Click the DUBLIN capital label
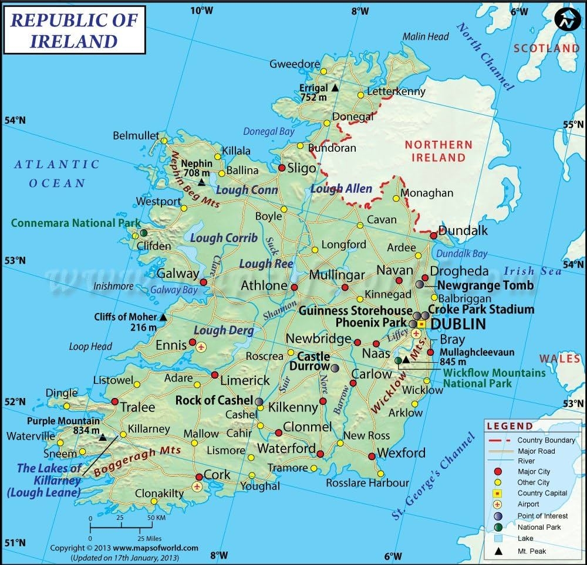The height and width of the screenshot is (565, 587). [458, 324]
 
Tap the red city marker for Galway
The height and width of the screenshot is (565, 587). [203, 282]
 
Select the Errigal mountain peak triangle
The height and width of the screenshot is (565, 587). [335, 88]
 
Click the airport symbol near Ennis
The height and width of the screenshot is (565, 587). [201, 346]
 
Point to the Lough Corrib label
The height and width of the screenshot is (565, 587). [223, 237]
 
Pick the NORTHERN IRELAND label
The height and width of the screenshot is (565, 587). [438, 151]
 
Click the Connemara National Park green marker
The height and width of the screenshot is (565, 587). [143, 233]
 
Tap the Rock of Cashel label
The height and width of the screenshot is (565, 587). [215, 401]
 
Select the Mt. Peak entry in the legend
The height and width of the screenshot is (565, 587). [531, 551]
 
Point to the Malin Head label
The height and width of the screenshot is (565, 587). [426, 36]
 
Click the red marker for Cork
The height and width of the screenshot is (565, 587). [200, 476]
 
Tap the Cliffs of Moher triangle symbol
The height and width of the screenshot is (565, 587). [163, 317]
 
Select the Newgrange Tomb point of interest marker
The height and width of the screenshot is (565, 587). [420, 284]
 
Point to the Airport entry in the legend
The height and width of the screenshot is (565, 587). [528, 504]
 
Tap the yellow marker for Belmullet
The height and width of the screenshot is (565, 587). [164, 140]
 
